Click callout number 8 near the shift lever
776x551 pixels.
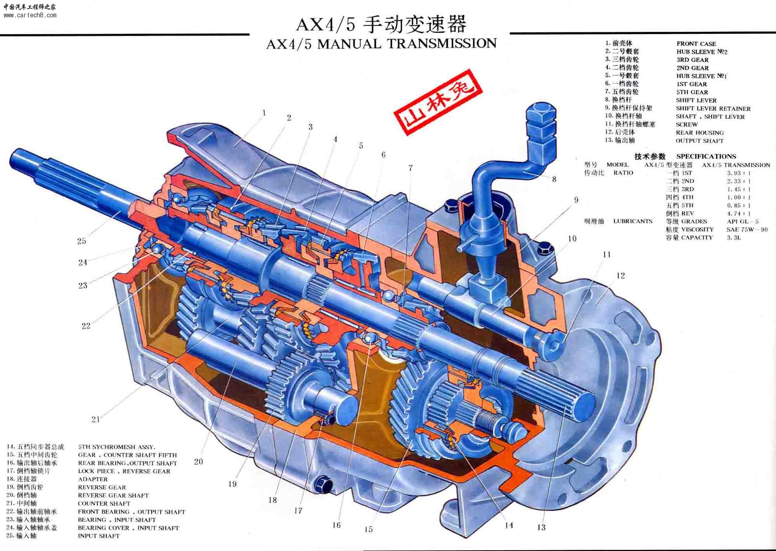click(x=554, y=179)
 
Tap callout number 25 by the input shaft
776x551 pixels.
click(x=81, y=241)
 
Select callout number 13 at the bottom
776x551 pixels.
click(x=541, y=527)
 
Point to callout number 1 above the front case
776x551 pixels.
click(x=264, y=113)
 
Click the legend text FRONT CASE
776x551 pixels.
click(x=696, y=44)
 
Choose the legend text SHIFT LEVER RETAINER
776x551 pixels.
click(x=713, y=108)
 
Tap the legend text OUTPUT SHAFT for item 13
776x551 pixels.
click(x=699, y=141)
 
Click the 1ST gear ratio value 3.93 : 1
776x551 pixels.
click(x=738, y=173)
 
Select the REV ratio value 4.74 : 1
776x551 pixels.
click(x=738, y=214)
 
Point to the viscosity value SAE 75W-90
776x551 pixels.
click(x=747, y=229)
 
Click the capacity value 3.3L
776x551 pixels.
click(x=734, y=238)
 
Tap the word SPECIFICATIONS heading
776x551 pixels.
click(x=706, y=156)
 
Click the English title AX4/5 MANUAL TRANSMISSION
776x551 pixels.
click(x=381, y=44)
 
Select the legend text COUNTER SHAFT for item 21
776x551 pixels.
click(x=104, y=504)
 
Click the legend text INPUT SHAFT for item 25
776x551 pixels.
click(x=99, y=536)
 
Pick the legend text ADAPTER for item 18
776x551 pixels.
click(x=93, y=479)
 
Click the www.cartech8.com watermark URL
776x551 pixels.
click(x=30, y=16)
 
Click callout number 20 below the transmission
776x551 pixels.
click(x=198, y=462)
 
